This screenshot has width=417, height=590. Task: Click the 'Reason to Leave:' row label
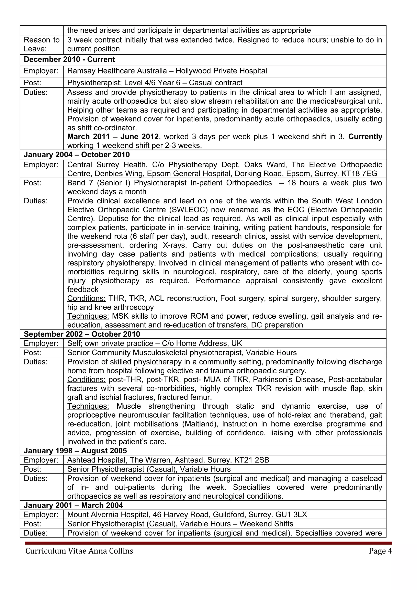[x=41, y=44]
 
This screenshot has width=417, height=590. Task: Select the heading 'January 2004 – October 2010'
[x=77, y=155]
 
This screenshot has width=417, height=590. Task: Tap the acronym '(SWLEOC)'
[x=188, y=210]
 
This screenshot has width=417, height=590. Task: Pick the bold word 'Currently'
[x=365, y=137]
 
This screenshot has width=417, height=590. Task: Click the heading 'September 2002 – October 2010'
[x=82, y=334]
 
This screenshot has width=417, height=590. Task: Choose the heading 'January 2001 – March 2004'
[x=73, y=506]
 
